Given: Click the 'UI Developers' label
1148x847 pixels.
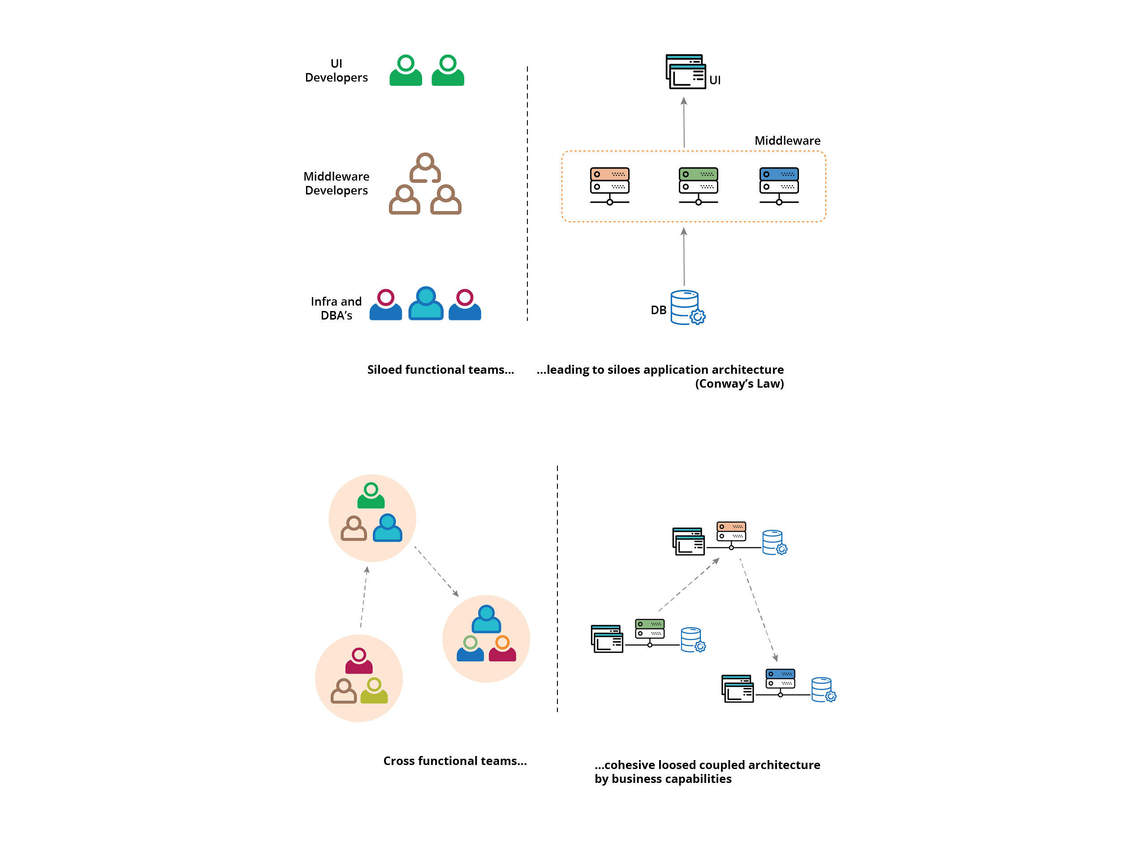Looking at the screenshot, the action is (336, 70).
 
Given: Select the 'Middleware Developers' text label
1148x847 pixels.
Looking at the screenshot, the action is (336, 183).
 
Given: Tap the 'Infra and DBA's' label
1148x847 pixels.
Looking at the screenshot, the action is (336, 308).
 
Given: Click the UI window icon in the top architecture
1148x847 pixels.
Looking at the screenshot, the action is (686, 71).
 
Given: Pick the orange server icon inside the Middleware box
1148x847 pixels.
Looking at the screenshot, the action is (610, 186).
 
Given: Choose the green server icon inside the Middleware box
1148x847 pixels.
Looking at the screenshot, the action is (699, 186).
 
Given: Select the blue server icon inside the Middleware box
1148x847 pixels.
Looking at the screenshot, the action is (779, 186).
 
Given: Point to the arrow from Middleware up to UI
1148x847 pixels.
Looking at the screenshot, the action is (684, 122).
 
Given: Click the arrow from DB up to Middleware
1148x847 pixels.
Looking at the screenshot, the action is (684, 256).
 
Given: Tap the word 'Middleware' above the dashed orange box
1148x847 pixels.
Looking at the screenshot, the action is (787, 140).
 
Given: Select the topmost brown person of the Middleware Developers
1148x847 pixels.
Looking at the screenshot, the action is (425, 168).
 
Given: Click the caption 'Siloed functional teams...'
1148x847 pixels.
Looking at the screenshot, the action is (440, 370).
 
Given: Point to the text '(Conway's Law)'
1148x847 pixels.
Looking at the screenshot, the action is (739, 384).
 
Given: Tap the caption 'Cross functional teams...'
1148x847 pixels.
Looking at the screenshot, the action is (455, 761).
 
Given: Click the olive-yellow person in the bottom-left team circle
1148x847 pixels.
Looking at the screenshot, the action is (374, 691).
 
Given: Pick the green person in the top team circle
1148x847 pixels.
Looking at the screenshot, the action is (371, 495).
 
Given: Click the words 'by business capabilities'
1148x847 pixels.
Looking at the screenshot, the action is (663, 779).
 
